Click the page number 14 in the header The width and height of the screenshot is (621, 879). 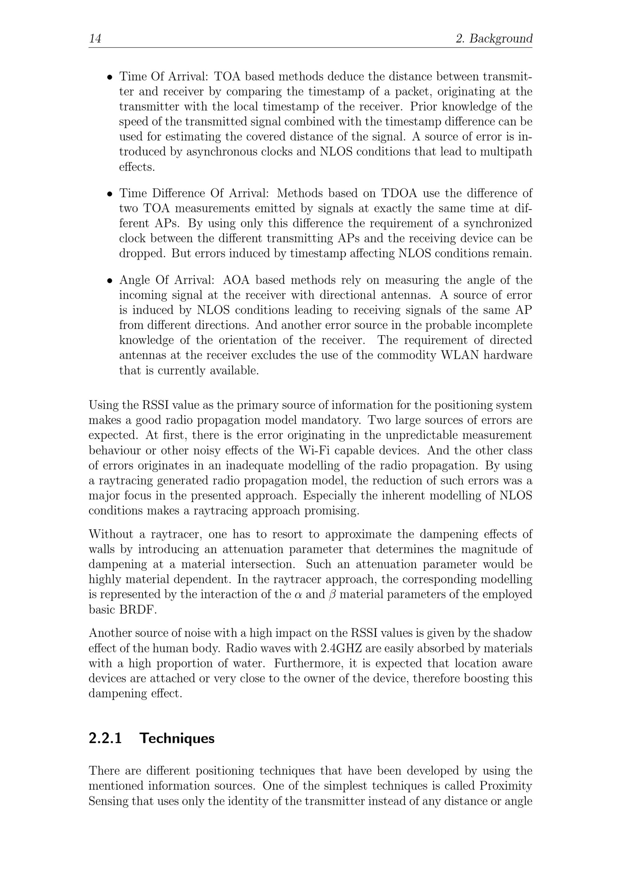pos(95,38)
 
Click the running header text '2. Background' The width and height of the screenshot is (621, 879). pos(494,38)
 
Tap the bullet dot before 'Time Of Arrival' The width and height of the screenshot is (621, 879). pos(110,77)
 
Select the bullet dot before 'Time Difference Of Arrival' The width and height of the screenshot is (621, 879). pos(110,194)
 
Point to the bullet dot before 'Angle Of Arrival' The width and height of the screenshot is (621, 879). pos(110,281)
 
